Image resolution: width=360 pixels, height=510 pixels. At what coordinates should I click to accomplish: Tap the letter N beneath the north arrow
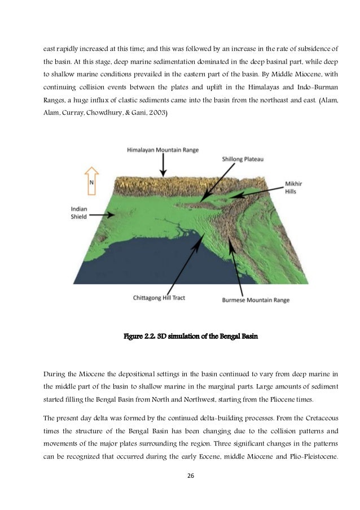click(91, 183)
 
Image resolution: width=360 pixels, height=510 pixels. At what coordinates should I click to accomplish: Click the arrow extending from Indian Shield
click(105, 215)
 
